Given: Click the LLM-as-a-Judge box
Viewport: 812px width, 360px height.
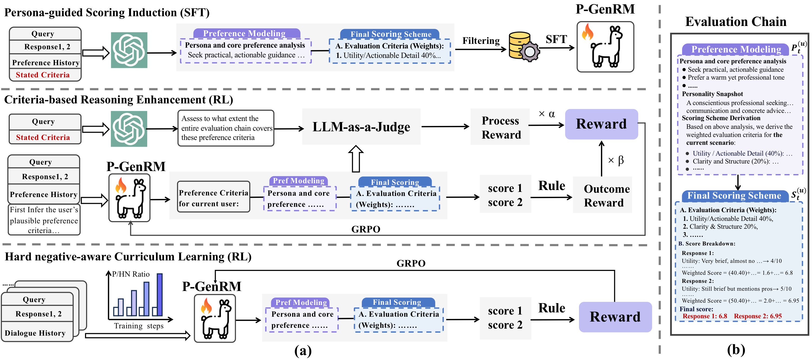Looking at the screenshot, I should (361, 127).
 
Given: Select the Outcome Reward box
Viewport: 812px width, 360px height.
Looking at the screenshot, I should (603, 195).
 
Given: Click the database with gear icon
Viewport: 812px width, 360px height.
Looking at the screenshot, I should (523, 46).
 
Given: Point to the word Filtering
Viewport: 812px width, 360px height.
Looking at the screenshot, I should (481, 41).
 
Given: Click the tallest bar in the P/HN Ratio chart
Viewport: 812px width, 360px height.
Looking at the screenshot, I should (160, 294).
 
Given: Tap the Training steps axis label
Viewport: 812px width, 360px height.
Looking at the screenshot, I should (139, 326).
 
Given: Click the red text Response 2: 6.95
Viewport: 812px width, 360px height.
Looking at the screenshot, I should (758, 316).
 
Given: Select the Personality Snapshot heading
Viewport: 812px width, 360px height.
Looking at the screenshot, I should (712, 94).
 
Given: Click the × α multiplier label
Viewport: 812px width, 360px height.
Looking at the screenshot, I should (547, 114).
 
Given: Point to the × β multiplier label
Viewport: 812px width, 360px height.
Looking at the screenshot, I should (615, 160).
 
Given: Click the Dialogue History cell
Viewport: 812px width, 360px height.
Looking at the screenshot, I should (35, 333).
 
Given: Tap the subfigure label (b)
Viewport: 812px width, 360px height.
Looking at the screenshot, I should (736, 349).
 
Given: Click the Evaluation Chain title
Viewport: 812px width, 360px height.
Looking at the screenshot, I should (735, 21).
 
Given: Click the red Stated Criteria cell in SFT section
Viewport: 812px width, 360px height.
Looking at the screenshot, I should (43, 75).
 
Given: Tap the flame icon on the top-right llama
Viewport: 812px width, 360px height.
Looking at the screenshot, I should (588, 32).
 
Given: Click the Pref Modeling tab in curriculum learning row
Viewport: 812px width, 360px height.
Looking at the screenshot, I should (301, 302).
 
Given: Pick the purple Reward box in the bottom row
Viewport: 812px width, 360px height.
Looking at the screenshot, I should (615, 317).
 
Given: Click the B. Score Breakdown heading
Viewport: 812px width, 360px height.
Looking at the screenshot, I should (706, 244).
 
